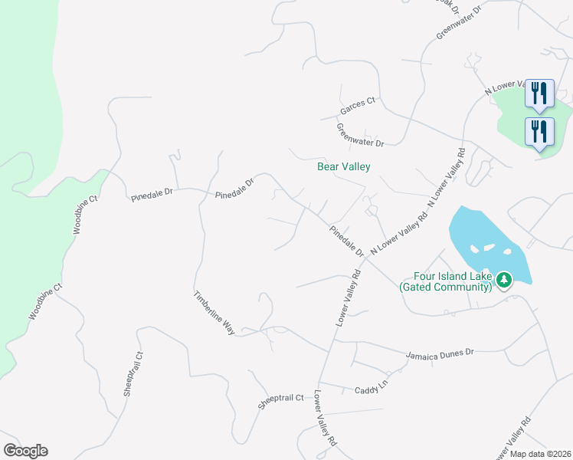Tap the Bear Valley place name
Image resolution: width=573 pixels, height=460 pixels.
click(x=344, y=166)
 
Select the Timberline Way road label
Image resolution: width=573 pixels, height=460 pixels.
click(x=214, y=311)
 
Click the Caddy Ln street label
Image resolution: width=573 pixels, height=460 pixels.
click(x=372, y=390)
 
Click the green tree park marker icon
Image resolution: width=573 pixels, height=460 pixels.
click(x=504, y=280)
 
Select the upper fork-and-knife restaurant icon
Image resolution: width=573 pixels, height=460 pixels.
click(x=539, y=93)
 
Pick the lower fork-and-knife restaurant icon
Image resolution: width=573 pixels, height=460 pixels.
click(x=539, y=130)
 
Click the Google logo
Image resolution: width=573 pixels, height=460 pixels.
click(x=25, y=451)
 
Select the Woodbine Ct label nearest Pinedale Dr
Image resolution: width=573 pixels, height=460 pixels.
click(x=86, y=214)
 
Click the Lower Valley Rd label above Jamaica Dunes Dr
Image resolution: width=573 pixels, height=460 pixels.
click(x=347, y=298)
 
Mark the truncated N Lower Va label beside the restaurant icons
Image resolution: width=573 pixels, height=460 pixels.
click(x=503, y=88)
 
